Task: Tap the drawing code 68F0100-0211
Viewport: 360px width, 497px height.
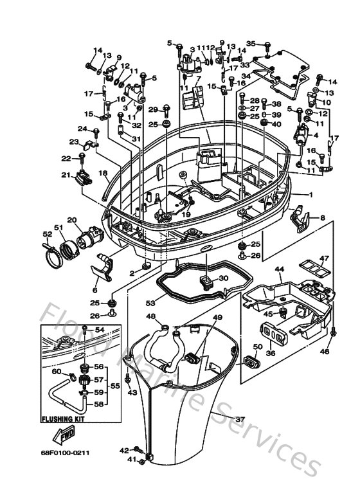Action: click(66, 453)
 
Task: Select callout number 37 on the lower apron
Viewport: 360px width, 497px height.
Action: click(240, 419)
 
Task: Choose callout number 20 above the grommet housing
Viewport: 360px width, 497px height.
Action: click(71, 221)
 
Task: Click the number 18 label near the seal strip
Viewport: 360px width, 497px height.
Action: click(103, 174)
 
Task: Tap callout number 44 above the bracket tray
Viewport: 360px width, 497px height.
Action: click(279, 269)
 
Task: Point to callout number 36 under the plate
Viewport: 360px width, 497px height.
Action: click(270, 353)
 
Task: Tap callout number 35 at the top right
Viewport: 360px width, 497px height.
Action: click(251, 44)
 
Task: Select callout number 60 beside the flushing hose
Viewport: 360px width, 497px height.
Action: click(56, 372)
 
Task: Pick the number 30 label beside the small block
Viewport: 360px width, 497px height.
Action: click(223, 278)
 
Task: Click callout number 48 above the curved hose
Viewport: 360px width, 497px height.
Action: click(150, 316)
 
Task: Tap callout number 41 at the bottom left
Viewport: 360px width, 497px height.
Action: click(132, 460)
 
